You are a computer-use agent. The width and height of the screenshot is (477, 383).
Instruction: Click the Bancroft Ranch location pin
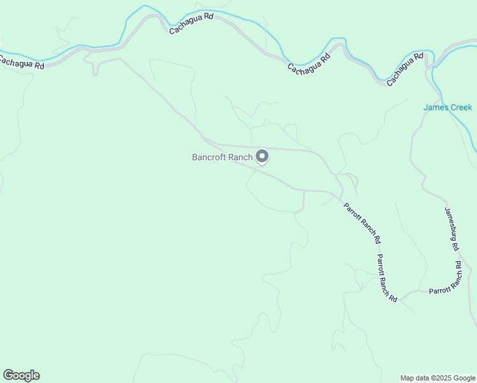tap(261, 156)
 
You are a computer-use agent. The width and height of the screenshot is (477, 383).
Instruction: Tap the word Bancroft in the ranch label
tap(209, 157)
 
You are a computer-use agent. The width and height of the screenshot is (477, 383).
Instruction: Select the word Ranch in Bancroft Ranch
tap(240, 157)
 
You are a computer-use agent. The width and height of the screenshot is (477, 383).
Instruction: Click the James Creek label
tap(448, 107)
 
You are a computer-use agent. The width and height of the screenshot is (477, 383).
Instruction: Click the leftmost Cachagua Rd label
tap(22, 62)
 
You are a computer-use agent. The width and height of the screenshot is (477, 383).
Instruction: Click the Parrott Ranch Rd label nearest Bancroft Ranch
tap(362, 223)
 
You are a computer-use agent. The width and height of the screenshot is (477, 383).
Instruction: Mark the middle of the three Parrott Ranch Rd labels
tap(386, 278)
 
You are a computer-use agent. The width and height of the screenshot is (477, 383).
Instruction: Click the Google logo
tap(21, 375)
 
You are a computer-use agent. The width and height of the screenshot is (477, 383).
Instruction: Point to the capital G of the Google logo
tap(8, 375)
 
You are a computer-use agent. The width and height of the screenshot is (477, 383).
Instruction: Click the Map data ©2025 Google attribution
tap(437, 378)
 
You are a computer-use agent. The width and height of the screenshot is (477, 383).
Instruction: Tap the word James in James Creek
tap(436, 107)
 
